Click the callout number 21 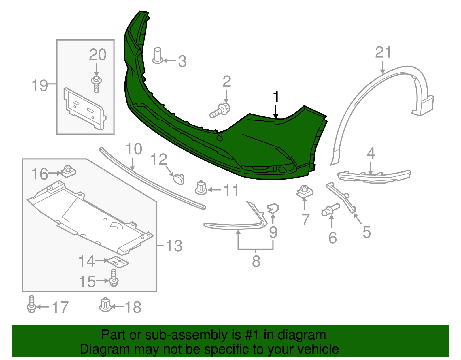(383, 52)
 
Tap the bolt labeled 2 (220, 110)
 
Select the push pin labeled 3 (158, 55)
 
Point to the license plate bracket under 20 (85, 109)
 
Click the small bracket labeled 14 (118, 262)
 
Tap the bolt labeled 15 (114, 278)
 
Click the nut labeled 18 (105, 305)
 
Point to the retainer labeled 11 (201, 188)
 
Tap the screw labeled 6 (330, 210)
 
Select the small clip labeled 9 (273, 208)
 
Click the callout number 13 (174, 246)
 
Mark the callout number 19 (40, 85)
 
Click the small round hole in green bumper (219, 139)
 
